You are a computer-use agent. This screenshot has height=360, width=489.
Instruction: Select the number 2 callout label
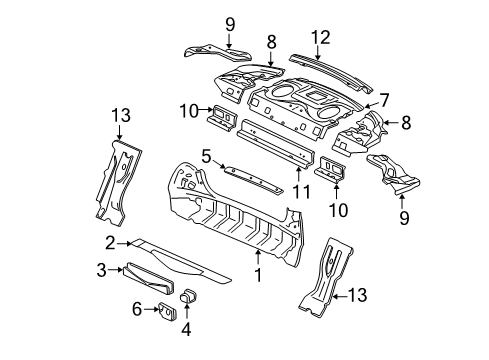pyautogui.click(x=107, y=242)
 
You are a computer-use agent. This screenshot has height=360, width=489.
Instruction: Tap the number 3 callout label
pyautogui.click(x=101, y=269)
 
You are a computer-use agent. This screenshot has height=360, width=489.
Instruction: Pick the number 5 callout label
pyautogui.click(x=206, y=155)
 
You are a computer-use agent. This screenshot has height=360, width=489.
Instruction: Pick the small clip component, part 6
pyautogui.click(x=167, y=310)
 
